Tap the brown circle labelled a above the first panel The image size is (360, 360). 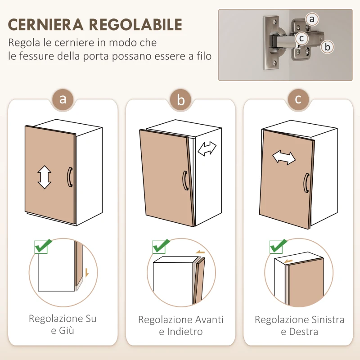point(63,99)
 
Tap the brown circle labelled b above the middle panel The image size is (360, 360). point(181,100)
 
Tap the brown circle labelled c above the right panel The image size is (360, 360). point(298,99)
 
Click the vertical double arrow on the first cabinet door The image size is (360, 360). point(44,177)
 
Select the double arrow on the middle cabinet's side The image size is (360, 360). point(207,148)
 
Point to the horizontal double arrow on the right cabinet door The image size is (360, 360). point(284,157)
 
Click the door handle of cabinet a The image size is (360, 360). point(69,176)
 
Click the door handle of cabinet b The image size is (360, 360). point(184,181)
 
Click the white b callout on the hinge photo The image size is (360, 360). point(328,46)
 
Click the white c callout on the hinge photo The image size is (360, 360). point(302,38)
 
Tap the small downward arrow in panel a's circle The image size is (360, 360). point(86,272)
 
